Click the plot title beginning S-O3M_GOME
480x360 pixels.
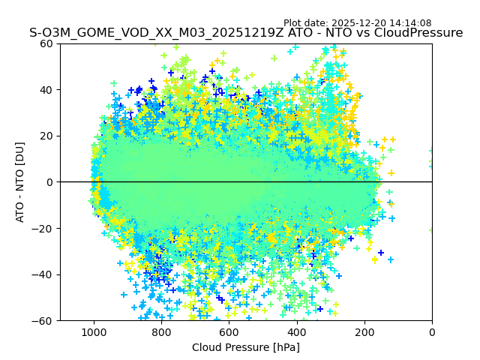(246, 33)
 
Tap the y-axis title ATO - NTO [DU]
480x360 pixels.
(20, 182)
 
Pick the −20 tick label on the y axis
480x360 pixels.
(44, 228)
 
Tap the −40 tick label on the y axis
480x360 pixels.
(44, 274)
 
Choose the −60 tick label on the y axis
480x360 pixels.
(44, 320)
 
